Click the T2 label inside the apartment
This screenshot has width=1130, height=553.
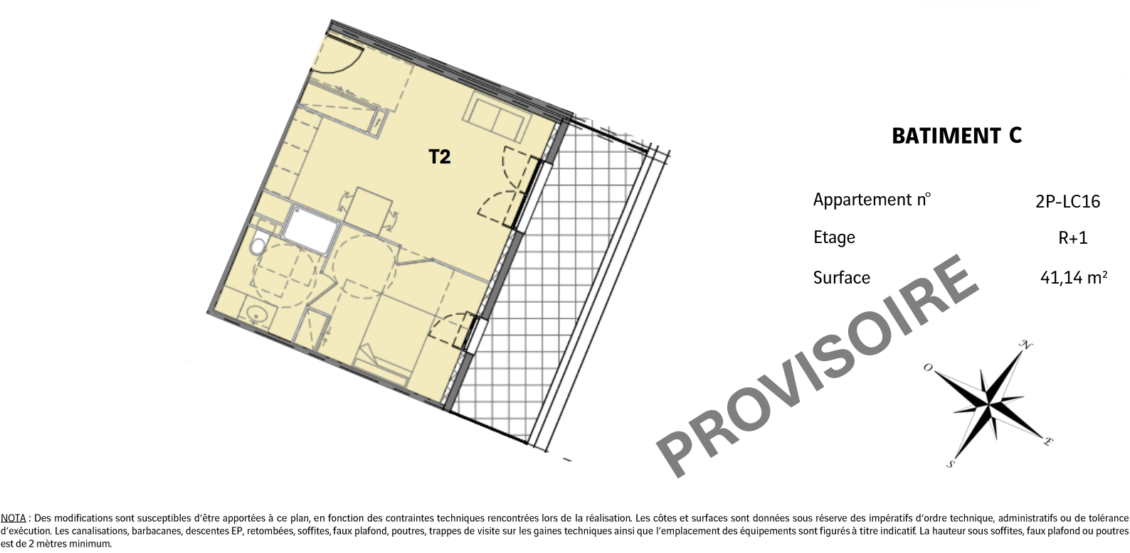point(439,157)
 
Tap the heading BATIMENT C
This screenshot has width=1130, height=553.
point(957,136)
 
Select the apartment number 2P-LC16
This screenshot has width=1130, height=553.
point(1068,202)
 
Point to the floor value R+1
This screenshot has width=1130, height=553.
point(1073,238)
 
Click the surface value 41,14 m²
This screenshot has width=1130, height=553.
point(1074,277)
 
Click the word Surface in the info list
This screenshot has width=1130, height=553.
point(841,278)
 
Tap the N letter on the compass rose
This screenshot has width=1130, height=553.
point(1025,345)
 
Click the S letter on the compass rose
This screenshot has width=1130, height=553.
point(951,463)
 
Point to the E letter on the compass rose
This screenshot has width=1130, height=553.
point(1047,441)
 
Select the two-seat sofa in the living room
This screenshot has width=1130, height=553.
point(497,117)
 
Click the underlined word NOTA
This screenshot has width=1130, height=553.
point(13,518)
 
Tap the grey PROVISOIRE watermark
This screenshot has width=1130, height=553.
point(817,365)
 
